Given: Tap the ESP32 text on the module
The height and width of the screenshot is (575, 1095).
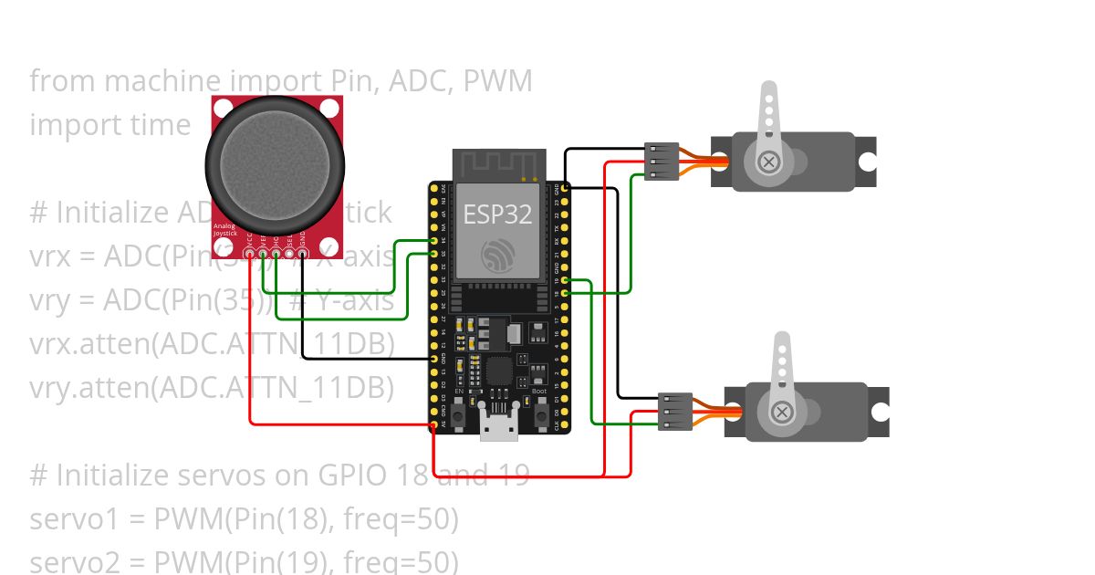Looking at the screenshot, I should coord(496,214).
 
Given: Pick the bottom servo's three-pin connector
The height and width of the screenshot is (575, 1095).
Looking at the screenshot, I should coord(674,411).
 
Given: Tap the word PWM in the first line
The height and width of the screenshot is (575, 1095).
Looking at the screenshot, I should coord(497,81).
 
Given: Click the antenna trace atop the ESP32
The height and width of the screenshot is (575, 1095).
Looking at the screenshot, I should coord(496,166).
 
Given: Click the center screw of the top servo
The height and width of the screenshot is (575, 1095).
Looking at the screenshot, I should coord(769,162).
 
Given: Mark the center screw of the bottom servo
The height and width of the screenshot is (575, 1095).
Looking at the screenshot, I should coord(782,412).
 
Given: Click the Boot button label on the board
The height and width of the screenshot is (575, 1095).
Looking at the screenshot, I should coord(539,392).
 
